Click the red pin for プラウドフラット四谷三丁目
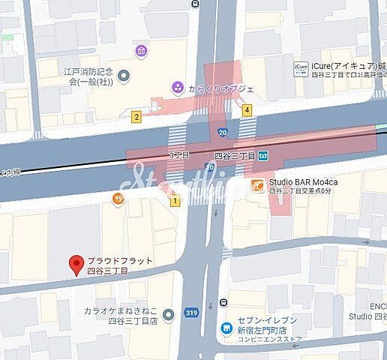click(x=75, y=265)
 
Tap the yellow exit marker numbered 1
click(x=175, y=200)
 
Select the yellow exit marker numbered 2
click(x=136, y=116)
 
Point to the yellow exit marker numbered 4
click(x=246, y=110)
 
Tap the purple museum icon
click(x=141, y=51)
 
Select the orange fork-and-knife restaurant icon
click(x=118, y=199)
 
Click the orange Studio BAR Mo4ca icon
click(x=257, y=184)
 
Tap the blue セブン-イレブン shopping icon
click(x=226, y=328)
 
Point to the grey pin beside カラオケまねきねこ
click(x=168, y=313)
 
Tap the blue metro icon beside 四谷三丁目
click(x=265, y=156)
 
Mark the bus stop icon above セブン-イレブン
click(x=224, y=303)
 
